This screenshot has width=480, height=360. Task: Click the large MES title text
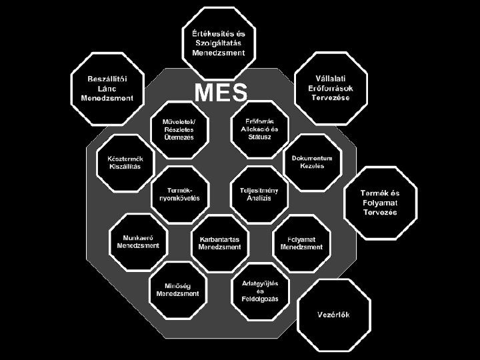221,93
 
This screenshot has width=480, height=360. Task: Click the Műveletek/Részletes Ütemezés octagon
179,129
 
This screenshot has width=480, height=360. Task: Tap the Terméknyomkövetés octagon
179,194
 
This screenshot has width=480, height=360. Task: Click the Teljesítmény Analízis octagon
259,194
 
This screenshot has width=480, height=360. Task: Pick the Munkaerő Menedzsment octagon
138,241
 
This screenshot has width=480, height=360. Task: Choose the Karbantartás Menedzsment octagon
219,242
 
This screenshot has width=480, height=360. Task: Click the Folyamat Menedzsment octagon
301,242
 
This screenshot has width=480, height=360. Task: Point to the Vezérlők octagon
333,315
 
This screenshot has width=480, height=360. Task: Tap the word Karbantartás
219,238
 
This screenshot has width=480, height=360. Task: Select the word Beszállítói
107,79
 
